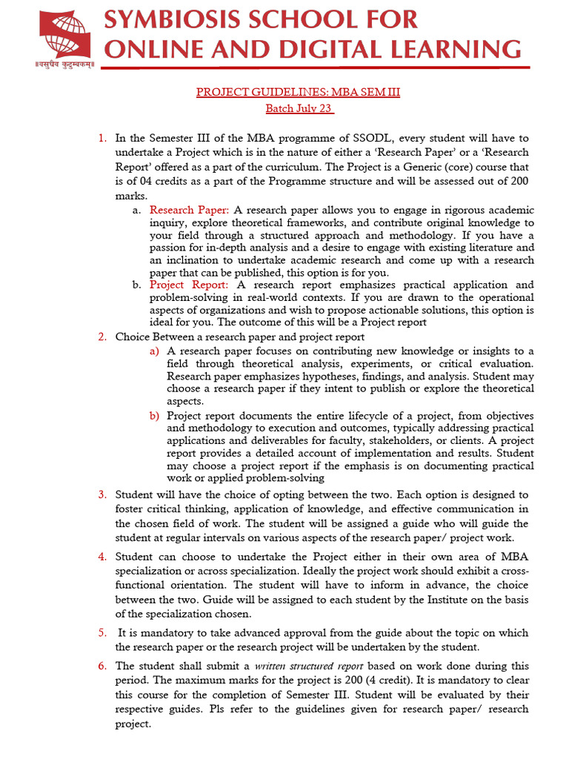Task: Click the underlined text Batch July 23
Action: [x=299, y=109]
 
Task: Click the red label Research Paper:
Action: [x=190, y=211]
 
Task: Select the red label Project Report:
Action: [x=189, y=285]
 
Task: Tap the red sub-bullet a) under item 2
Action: [x=154, y=351]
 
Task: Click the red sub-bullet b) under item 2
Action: [x=154, y=416]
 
